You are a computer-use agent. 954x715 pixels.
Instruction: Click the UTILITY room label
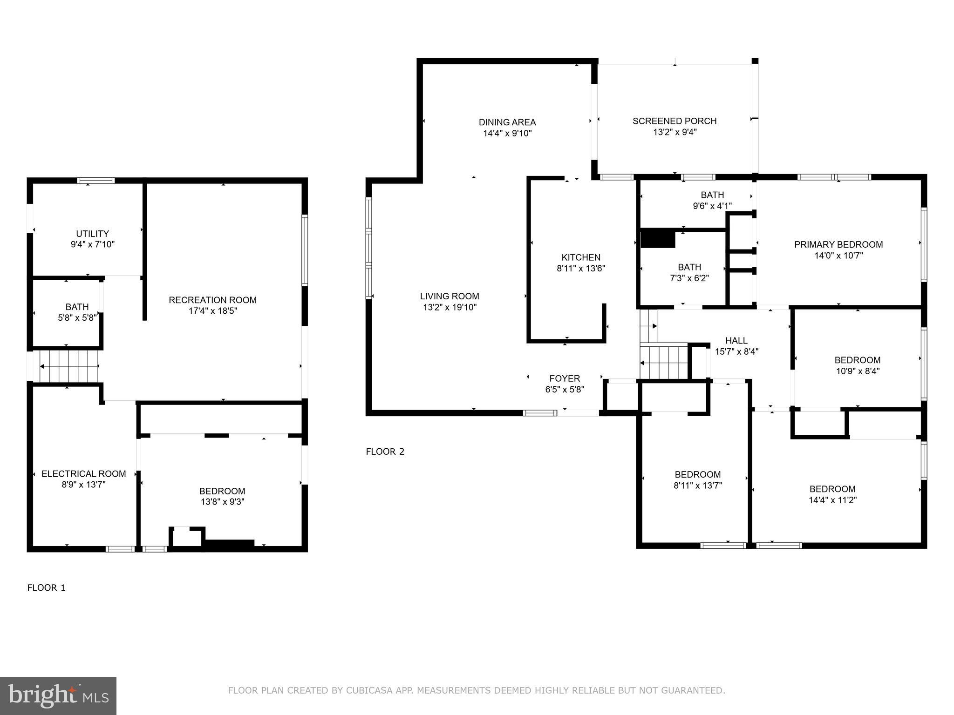click(x=92, y=234)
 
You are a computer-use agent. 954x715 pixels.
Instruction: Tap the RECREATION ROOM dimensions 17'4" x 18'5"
click(x=212, y=311)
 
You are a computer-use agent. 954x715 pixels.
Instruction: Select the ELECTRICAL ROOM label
click(x=83, y=474)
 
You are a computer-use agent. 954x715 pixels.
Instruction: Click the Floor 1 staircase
click(x=69, y=366)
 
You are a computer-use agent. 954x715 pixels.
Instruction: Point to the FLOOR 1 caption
click(x=46, y=588)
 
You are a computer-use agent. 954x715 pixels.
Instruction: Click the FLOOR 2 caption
click(x=385, y=452)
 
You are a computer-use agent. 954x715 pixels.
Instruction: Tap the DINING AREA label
click(x=507, y=122)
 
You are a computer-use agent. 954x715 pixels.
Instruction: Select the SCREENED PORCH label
click(x=674, y=121)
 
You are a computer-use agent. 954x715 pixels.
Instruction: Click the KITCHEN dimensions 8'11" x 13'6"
click(x=580, y=269)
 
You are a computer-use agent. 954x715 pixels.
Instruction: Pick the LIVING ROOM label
click(x=449, y=296)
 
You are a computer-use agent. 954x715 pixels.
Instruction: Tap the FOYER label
click(x=564, y=378)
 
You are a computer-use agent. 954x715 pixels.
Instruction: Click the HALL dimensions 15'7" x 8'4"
click(x=736, y=352)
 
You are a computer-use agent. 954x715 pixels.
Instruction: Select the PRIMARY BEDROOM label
click(x=838, y=244)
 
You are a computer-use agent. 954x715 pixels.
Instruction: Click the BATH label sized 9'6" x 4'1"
click(x=712, y=195)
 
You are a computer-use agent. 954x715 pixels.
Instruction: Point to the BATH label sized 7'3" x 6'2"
click(x=689, y=267)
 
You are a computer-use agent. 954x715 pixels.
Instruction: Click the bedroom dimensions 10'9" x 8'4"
click(x=857, y=371)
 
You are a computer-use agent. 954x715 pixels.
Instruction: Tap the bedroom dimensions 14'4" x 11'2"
click(x=832, y=500)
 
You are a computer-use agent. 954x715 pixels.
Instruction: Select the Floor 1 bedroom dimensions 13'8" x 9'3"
click(x=222, y=502)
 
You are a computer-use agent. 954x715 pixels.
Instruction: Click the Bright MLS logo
click(x=58, y=695)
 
